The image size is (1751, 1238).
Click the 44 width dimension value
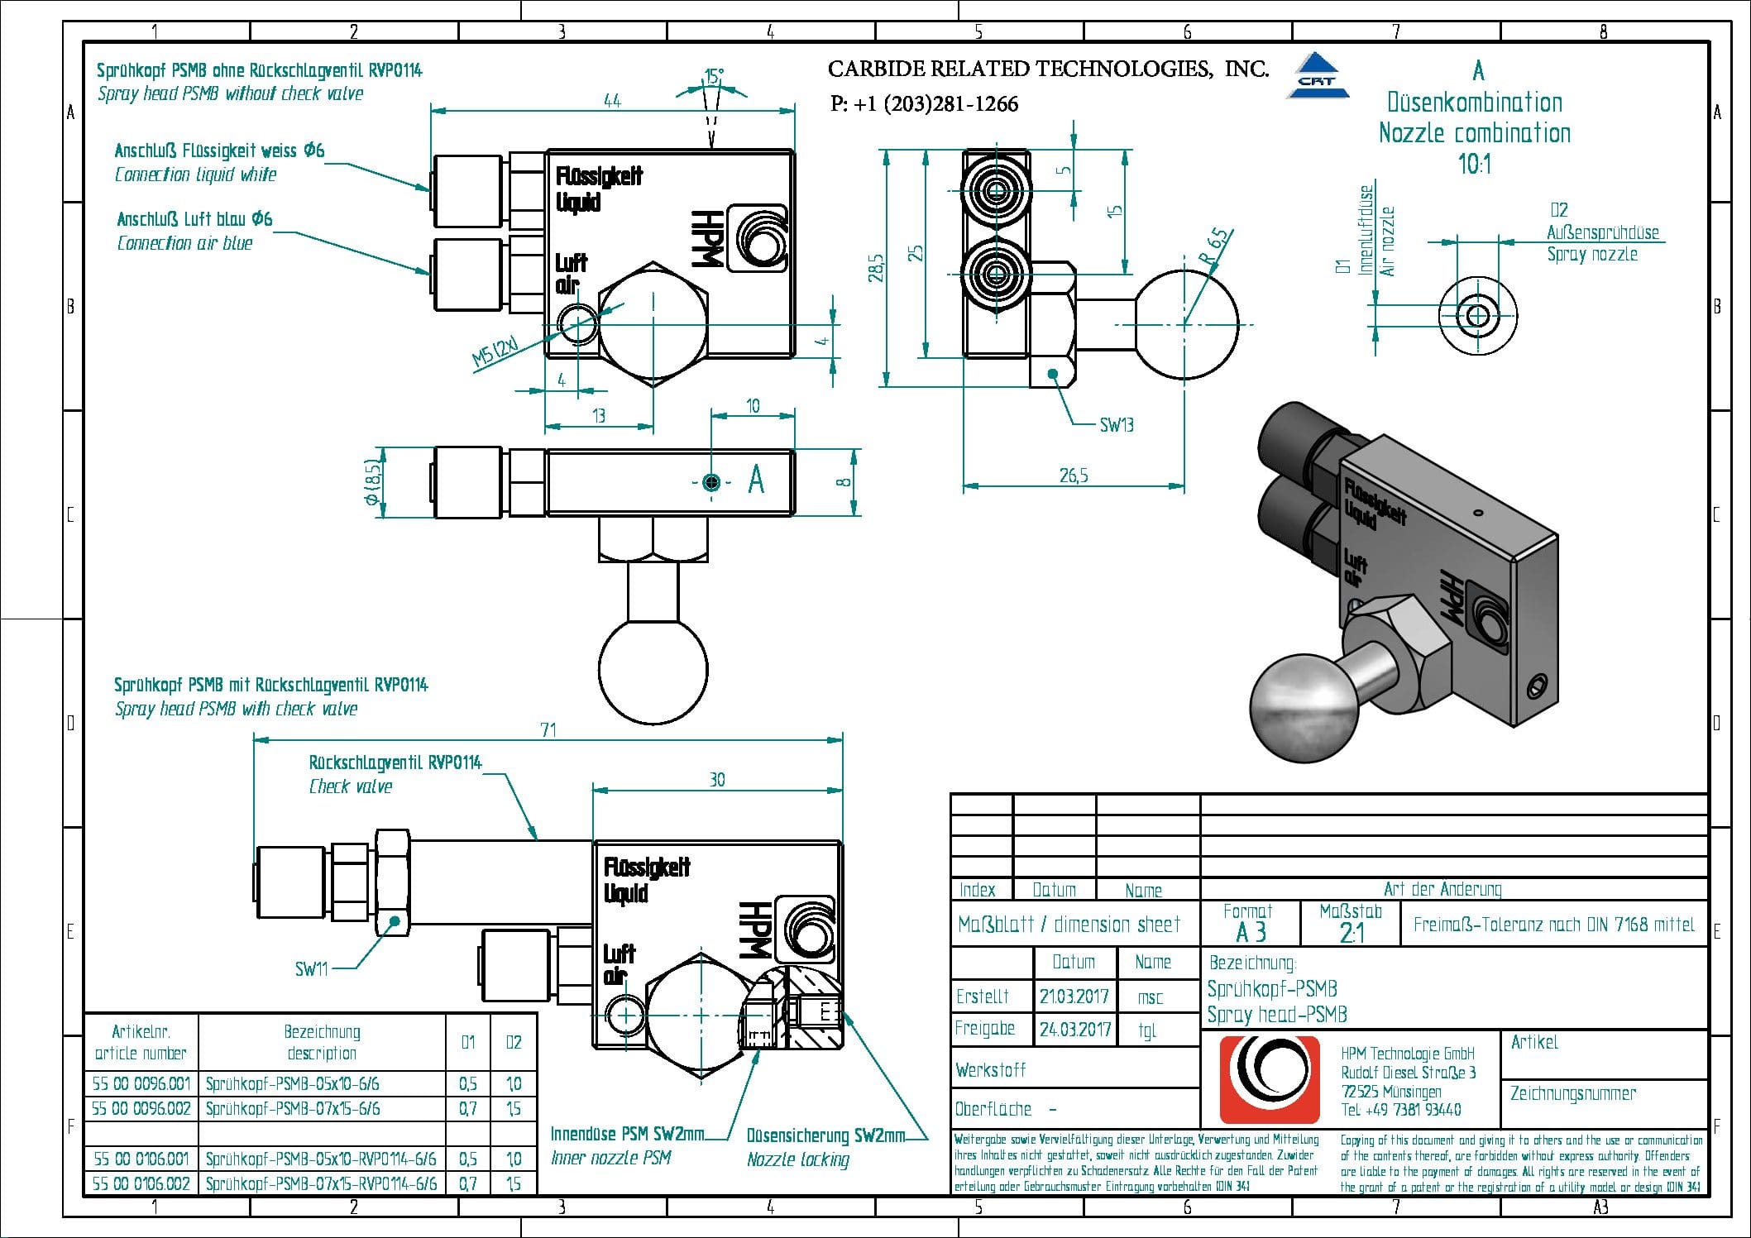pyautogui.click(x=612, y=100)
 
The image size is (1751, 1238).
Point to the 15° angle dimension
pyautogui.click(x=714, y=76)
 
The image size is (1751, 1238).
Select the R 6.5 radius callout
pyautogui.click(x=1214, y=246)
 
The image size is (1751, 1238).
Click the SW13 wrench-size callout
pyautogui.click(x=1116, y=425)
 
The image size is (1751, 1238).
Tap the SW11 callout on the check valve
pyautogui.click(x=312, y=968)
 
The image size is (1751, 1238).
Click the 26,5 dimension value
pyautogui.click(x=1074, y=476)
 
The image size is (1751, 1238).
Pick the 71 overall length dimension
pyautogui.click(x=548, y=729)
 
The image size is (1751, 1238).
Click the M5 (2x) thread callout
pyautogui.click(x=495, y=352)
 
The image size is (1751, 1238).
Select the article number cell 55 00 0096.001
pyautogui.click(x=141, y=1083)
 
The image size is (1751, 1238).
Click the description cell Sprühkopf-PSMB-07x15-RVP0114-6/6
pyautogui.click(x=321, y=1183)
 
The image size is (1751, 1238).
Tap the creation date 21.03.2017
pyautogui.click(x=1074, y=996)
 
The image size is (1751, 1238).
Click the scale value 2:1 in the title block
pyautogui.click(x=1351, y=933)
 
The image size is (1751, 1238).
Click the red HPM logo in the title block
pyautogui.click(x=1270, y=1080)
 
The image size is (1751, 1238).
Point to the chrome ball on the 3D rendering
pyautogui.click(x=1304, y=707)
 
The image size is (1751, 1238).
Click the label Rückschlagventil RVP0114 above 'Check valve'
pyautogui.click(x=395, y=762)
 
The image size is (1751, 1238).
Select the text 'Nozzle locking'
pyautogui.click(x=797, y=1159)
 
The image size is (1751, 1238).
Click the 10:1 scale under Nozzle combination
pyautogui.click(x=1475, y=164)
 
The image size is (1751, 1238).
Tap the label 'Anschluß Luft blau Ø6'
pyautogui.click(x=194, y=219)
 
